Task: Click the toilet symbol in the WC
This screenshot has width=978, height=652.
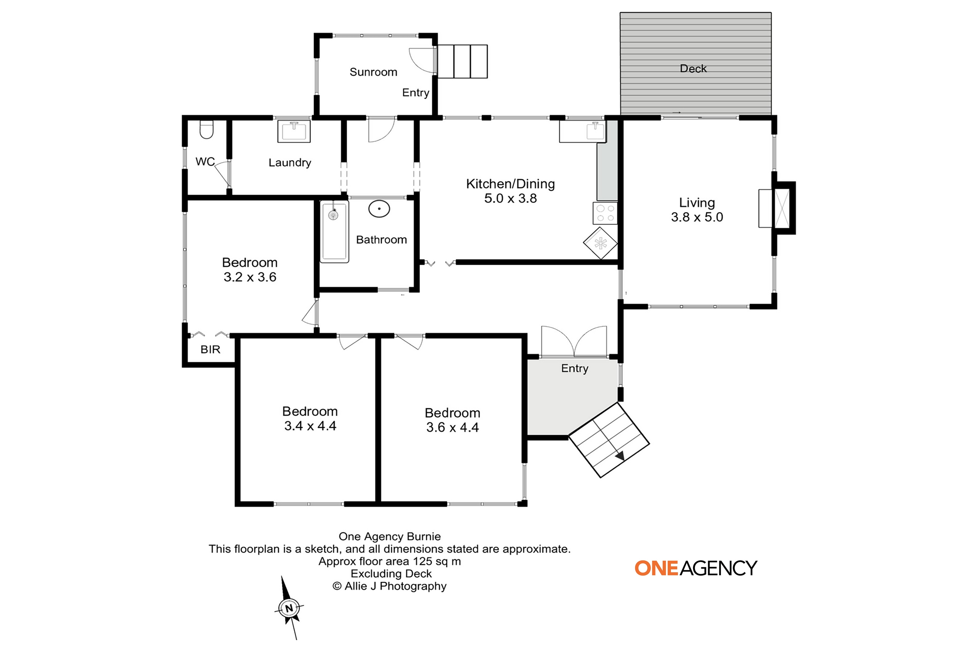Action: (x=207, y=129)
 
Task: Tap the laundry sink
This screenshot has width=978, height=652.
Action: (x=294, y=131)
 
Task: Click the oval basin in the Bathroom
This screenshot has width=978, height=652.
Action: (x=379, y=209)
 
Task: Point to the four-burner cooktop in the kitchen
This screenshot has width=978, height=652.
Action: (x=605, y=213)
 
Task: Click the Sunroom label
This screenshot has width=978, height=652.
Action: (x=373, y=72)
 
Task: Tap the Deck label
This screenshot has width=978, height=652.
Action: (x=693, y=68)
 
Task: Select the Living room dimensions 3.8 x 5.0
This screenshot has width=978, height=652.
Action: (x=697, y=217)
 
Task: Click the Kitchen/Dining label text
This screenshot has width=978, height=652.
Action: (x=510, y=184)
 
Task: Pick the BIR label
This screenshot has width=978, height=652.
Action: (x=210, y=349)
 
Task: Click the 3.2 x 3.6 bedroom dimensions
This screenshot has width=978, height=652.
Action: (x=250, y=277)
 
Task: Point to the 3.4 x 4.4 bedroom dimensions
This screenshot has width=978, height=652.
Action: (x=310, y=426)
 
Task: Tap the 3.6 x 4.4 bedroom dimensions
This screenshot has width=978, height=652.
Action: (x=452, y=427)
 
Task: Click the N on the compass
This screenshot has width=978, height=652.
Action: (x=289, y=608)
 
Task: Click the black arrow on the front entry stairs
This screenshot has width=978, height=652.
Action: (x=620, y=456)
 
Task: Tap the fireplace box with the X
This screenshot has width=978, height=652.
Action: (x=782, y=208)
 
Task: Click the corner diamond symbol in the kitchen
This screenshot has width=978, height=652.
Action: (x=600, y=243)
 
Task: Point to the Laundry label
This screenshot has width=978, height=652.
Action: (x=290, y=163)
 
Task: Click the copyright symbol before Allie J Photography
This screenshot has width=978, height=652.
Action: (x=337, y=586)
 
